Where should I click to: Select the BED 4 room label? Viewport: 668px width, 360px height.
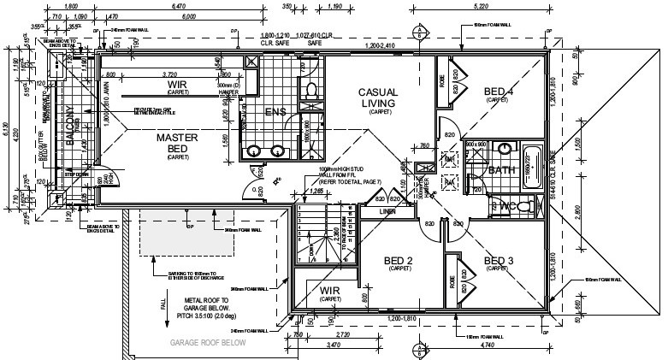point(498,91)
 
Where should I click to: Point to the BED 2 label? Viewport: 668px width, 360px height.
point(399,260)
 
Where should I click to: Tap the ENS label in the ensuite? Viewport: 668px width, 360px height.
point(274,111)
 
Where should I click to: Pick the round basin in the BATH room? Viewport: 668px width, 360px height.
point(505,148)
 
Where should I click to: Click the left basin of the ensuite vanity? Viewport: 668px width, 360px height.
point(254,152)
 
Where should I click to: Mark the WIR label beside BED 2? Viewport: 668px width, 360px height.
point(330,292)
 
